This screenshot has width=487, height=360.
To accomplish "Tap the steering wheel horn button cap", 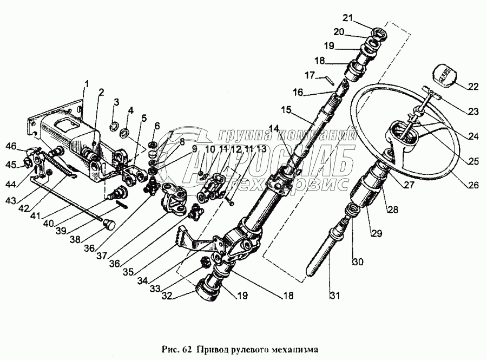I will click(x=446, y=74).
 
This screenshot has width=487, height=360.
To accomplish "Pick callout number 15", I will click(x=287, y=109).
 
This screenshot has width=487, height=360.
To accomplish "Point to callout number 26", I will click(x=474, y=185).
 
